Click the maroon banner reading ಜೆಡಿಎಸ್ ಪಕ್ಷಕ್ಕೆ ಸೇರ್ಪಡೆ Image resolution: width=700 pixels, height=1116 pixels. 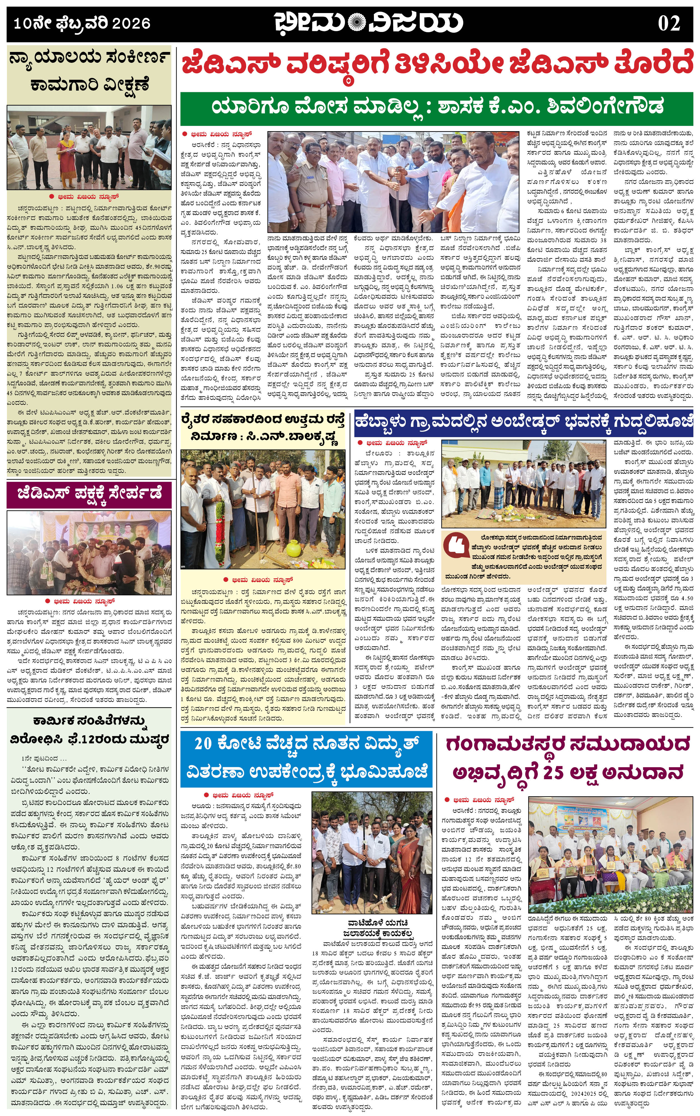click(89, 495)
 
